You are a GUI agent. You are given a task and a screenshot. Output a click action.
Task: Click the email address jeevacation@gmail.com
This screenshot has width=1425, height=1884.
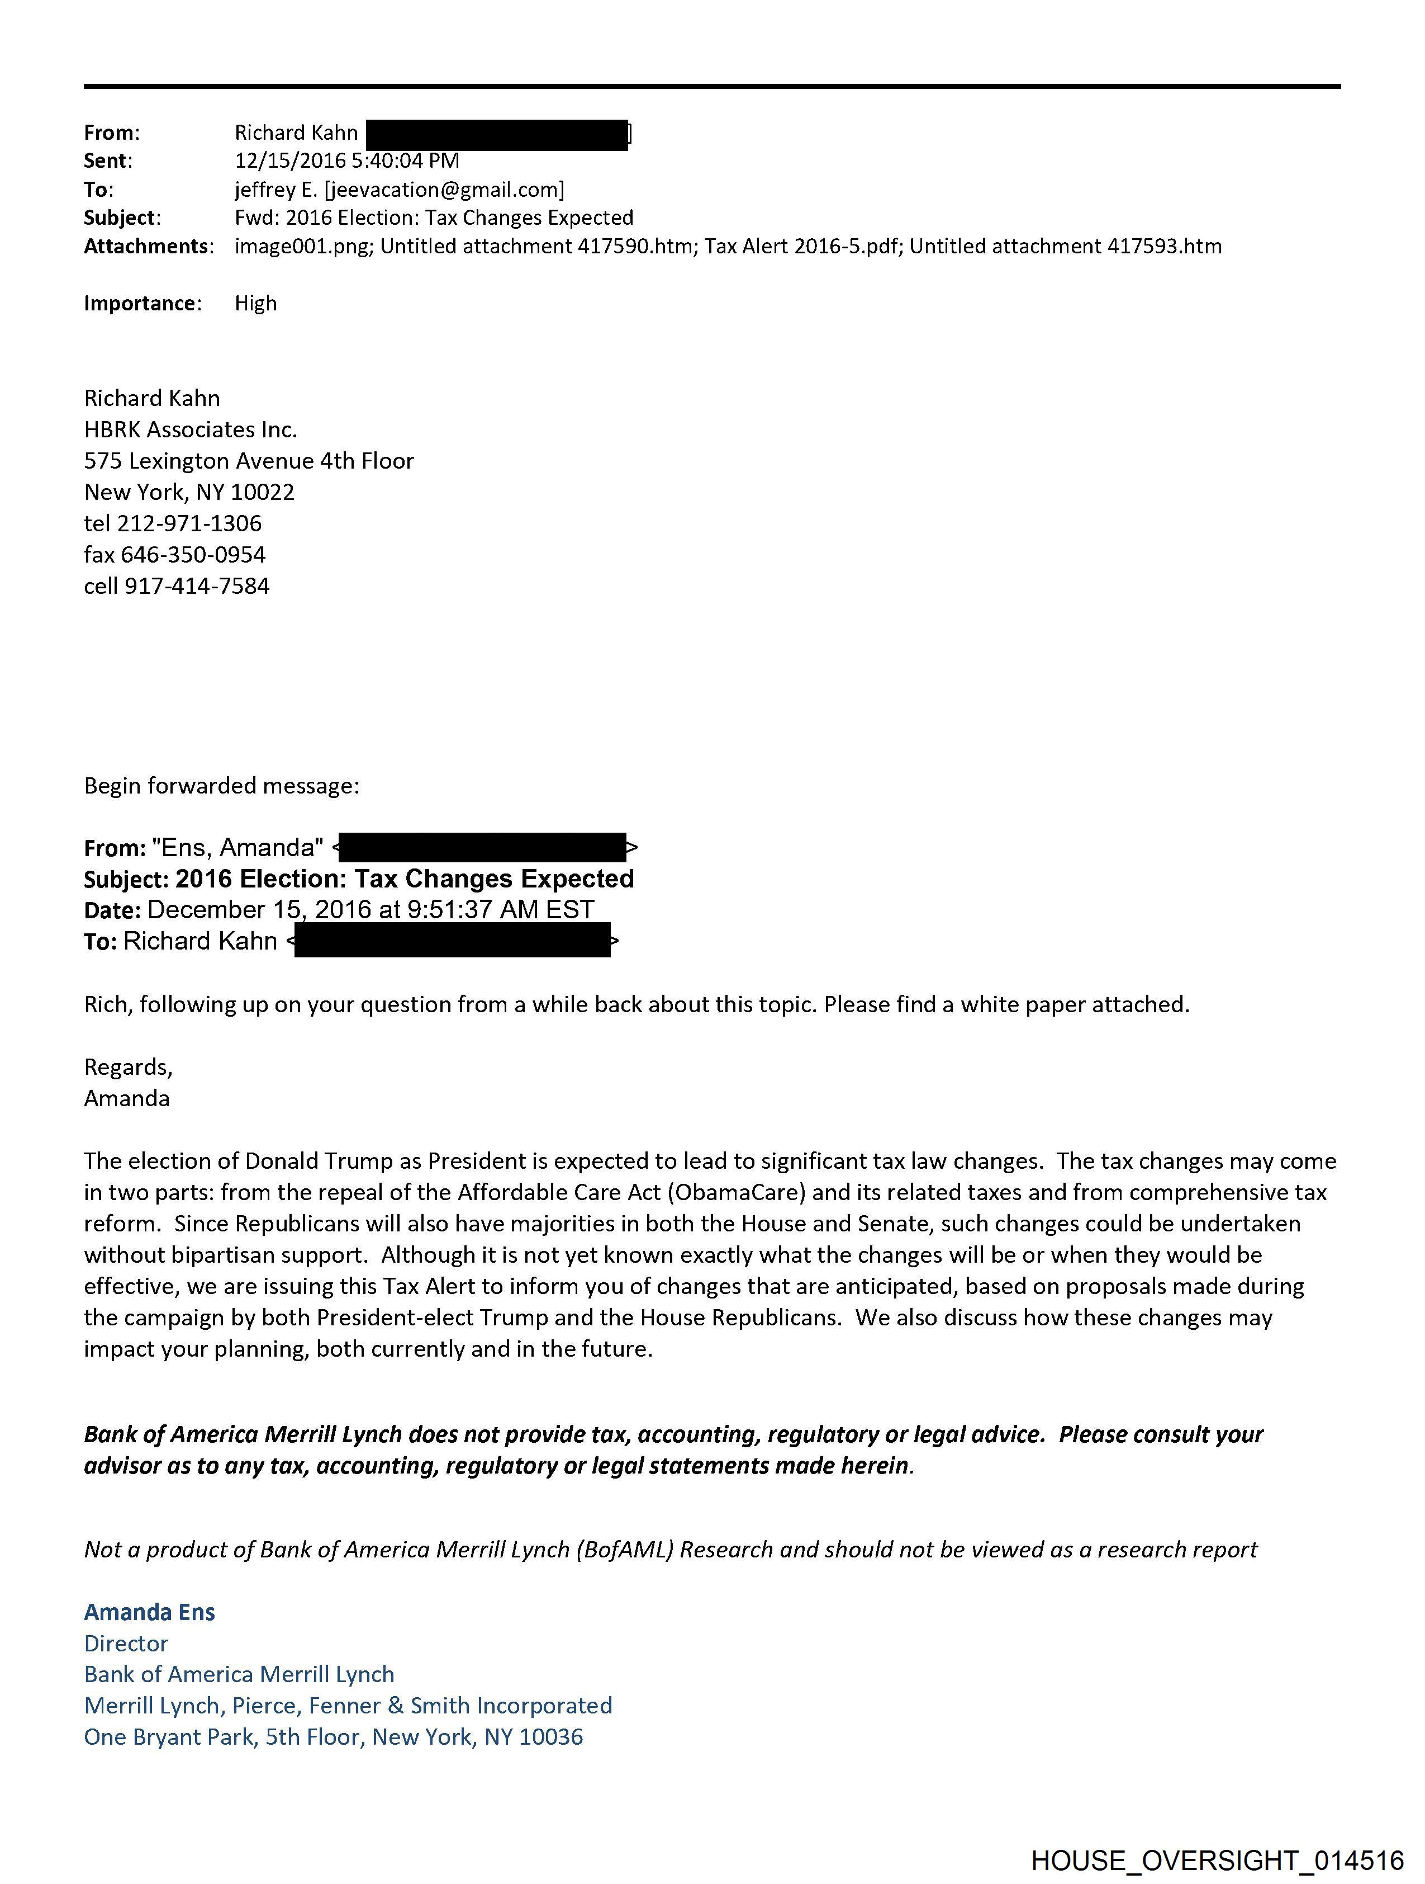tap(444, 189)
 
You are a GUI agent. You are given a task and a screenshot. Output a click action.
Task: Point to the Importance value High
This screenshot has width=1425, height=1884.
tap(255, 303)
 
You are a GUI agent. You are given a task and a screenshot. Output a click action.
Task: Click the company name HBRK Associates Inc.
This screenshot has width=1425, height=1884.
tap(191, 429)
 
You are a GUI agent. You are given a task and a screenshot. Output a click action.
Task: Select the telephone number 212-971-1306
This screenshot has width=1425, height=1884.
tap(189, 523)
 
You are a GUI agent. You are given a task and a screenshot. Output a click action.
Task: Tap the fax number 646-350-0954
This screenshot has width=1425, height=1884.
tap(193, 555)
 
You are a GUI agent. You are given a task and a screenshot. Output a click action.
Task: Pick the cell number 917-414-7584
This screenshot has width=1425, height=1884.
tap(197, 586)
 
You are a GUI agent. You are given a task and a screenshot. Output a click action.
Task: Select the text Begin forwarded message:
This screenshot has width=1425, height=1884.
tap(221, 785)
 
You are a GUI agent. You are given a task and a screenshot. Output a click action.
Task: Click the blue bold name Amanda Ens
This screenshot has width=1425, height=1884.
tap(149, 1612)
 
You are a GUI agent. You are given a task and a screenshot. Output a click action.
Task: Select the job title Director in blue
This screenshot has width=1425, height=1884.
tap(126, 1643)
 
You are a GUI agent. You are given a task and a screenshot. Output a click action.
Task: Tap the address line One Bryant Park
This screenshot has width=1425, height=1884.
tap(169, 1737)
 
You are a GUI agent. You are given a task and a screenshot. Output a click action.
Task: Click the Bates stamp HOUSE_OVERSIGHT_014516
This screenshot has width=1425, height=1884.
tap(1217, 1859)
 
